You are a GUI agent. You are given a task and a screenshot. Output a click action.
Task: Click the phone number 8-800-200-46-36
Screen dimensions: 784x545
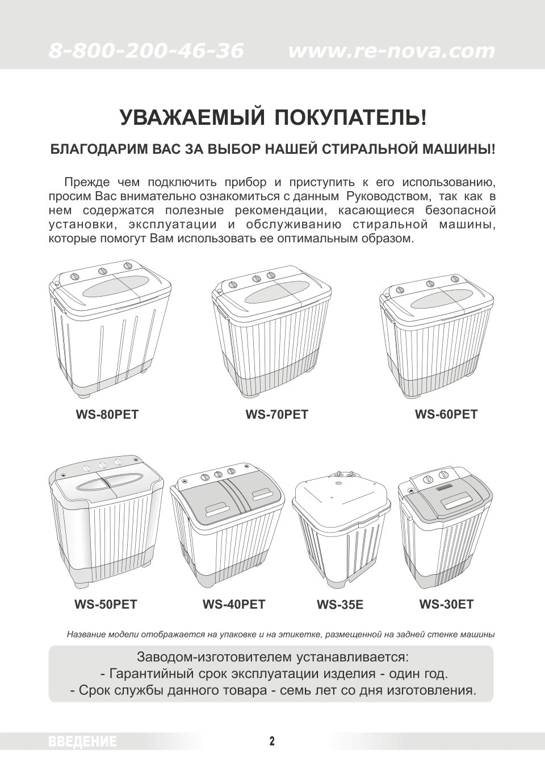(x=146, y=51)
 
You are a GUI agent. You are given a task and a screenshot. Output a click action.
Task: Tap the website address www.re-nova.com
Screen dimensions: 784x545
(x=392, y=51)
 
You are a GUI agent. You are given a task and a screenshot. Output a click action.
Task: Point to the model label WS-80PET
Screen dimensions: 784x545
(x=107, y=415)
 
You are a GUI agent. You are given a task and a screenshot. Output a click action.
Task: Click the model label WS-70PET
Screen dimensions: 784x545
(x=276, y=415)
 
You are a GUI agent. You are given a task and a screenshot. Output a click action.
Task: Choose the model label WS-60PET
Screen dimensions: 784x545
(x=446, y=414)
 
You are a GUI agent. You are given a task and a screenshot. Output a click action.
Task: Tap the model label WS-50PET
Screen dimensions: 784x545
(x=106, y=604)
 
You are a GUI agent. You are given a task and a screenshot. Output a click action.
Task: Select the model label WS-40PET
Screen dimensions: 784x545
(x=234, y=604)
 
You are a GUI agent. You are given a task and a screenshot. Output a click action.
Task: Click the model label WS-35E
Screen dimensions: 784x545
(x=340, y=605)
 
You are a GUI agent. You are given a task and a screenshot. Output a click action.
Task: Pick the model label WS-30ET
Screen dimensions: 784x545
(x=446, y=604)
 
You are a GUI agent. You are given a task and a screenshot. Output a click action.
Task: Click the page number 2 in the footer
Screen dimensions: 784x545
(x=272, y=741)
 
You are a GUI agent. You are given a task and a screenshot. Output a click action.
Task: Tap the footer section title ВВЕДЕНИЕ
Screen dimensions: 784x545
(x=83, y=741)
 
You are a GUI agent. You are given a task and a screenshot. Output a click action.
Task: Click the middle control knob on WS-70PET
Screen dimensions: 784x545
(x=257, y=278)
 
